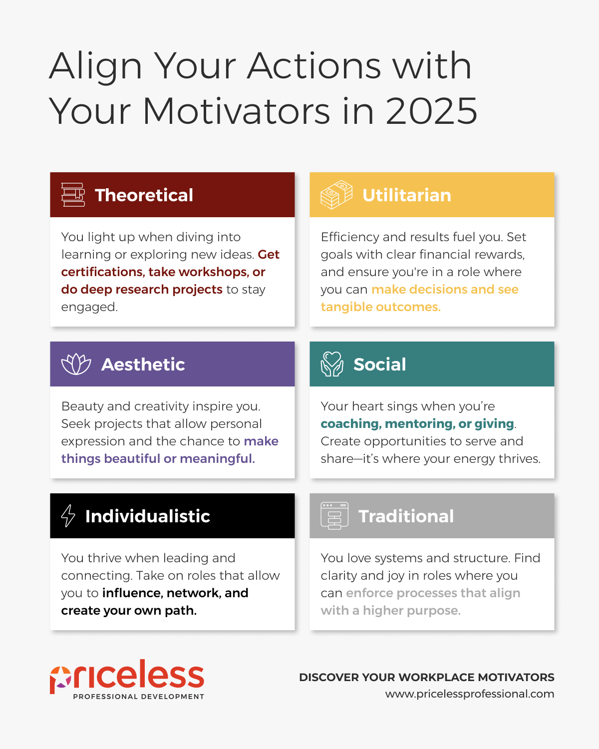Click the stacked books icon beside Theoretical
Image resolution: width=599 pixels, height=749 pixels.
click(73, 195)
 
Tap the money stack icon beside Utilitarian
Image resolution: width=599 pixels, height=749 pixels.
click(336, 195)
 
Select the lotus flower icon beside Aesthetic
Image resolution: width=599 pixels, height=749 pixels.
click(76, 364)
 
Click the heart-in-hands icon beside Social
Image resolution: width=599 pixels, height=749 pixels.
click(331, 364)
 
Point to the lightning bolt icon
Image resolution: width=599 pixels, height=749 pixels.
click(68, 516)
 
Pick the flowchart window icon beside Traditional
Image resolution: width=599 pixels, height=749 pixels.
click(334, 516)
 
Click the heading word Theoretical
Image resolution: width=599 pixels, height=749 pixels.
click(144, 195)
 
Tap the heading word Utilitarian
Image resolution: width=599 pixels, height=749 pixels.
click(406, 195)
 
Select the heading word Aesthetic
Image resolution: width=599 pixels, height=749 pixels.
click(143, 365)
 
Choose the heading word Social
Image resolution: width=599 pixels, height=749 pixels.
click(380, 365)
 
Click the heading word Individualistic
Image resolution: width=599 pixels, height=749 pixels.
click(148, 516)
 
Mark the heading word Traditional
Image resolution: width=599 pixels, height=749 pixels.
click(406, 516)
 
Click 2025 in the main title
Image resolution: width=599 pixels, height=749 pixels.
click(432, 111)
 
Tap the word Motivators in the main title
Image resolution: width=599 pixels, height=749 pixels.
click(236, 111)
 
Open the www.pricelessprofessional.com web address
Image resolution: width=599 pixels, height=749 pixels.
click(470, 694)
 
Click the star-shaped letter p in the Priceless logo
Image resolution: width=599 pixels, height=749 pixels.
click(60, 680)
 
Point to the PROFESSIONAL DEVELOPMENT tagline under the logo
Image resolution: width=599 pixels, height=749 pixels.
click(139, 697)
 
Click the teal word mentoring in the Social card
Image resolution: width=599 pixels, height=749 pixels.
click(419, 424)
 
